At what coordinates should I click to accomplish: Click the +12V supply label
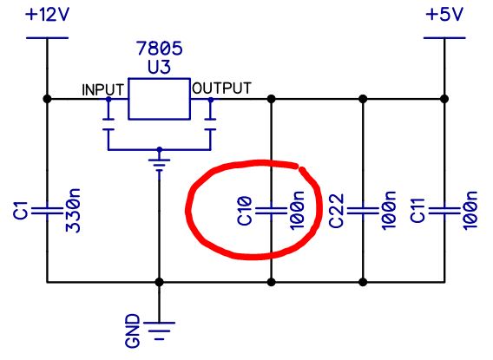(x=47, y=15)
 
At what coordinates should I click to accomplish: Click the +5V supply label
(x=444, y=15)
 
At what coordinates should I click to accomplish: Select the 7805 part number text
(x=160, y=49)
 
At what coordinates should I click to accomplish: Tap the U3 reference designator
(x=159, y=67)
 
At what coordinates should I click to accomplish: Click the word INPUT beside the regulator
(x=102, y=90)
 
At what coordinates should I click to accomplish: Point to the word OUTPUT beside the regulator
(x=221, y=88)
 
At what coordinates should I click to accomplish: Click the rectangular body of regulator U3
(x=159, y=99)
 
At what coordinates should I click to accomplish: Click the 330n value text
(x=73, y=211)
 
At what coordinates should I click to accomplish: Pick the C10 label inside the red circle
(x=245, y=211)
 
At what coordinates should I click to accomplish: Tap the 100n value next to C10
(x=297, y=211)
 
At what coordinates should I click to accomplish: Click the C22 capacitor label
(x=337, y=211)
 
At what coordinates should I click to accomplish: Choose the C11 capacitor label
(x=417, y=211)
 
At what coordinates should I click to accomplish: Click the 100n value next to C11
(x=470, y=211)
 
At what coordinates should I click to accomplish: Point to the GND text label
(x=133, y=331)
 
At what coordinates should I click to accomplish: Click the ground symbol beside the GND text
(x=159, y=331)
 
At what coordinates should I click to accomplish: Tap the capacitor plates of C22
(x=363, y=211)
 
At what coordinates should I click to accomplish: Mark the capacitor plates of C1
(x=47, y=211)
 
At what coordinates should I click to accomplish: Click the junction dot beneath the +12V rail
(x=47, y=99)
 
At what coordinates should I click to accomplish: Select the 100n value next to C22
(x=389, y=211)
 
